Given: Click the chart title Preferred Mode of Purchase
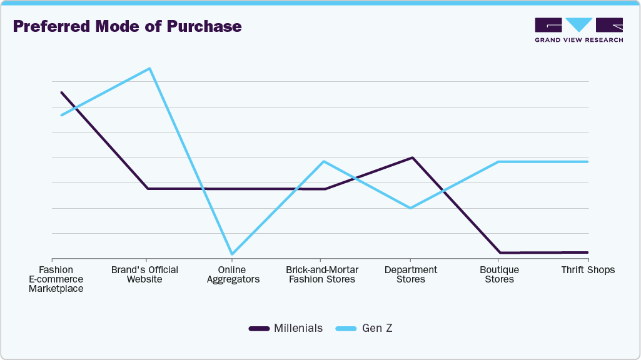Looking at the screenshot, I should point(127,26).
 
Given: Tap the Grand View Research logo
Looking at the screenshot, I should point(578,30).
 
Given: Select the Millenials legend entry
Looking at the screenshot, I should point(286,328).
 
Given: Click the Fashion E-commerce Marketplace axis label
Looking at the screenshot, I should point(56,279).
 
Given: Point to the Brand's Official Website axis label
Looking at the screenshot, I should point(144,274).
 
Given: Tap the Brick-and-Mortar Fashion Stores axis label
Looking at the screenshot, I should point(322,274).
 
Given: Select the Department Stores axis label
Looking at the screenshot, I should point(411,274).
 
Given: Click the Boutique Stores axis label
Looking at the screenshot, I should point(499,274).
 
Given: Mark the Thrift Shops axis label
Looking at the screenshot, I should point(588,270).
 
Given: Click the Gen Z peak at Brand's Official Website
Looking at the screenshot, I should point(149,68).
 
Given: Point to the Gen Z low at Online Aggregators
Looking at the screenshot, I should point(232,254).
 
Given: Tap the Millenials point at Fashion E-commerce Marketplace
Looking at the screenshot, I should point(61,92).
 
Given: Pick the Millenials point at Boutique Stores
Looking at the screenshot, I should point(500,252).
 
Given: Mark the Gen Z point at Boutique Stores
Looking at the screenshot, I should point(499,162).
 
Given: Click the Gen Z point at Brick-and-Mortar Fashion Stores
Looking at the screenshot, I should point(323,162).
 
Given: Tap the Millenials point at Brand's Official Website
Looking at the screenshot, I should point(148,188).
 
